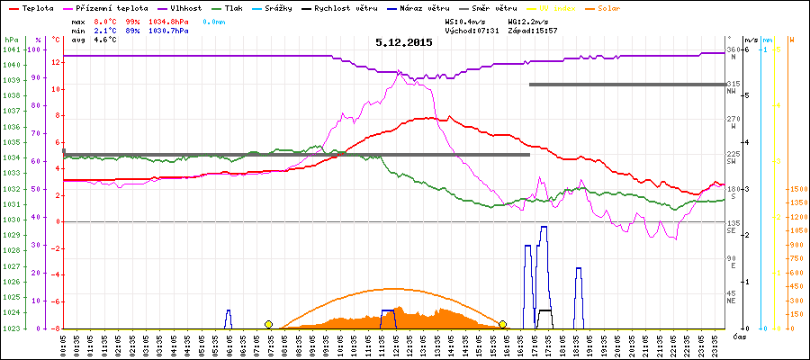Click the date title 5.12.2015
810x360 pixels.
[x=404, y=42]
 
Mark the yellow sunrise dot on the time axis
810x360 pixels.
[x=268, y=324]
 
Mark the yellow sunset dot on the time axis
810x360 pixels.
[x=503, y=324]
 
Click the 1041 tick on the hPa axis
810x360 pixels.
[x=11, y=49]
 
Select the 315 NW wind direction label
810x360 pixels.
[x=733, y=85]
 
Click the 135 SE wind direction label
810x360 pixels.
[x=733, y=225]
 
